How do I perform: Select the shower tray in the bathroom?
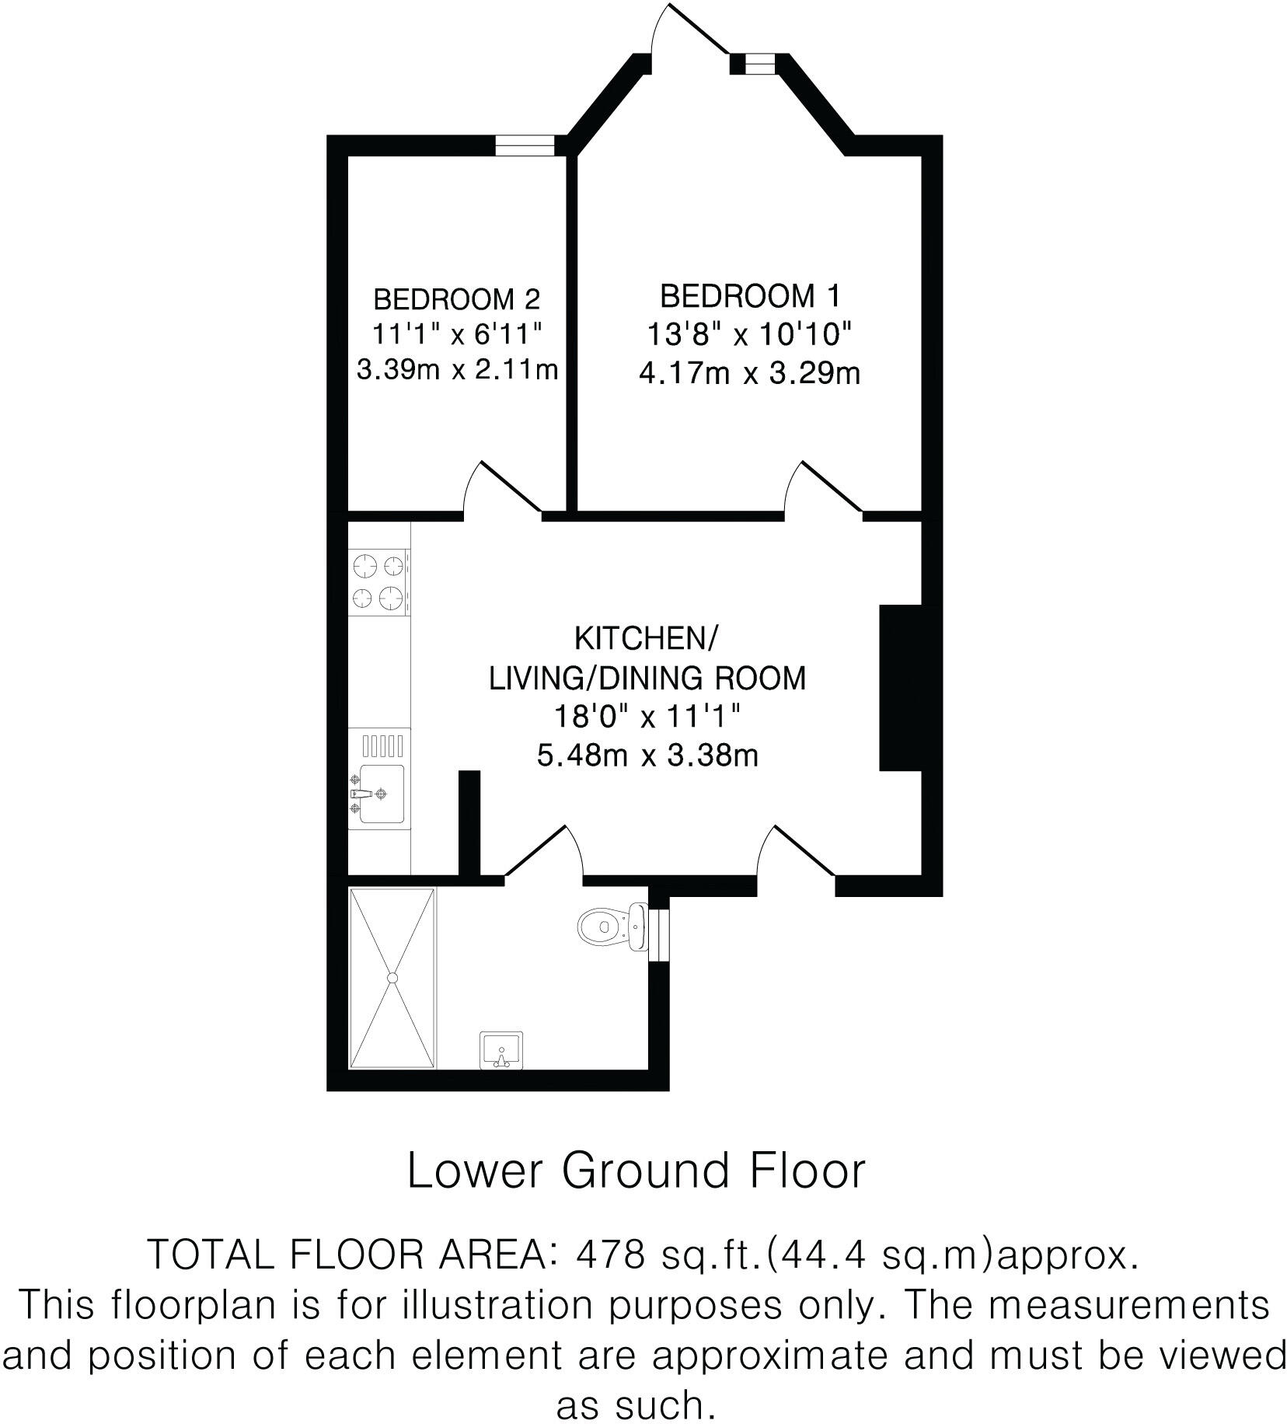pyautogui.click(x=392, y=978)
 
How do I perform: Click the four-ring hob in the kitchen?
pyautogui.click(x=379, y=581)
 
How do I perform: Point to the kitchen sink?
pyautogui.click(x=379, y=794)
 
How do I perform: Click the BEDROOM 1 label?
pyautogui.click(x=750, y=296)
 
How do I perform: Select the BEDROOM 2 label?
pyautogui.click(x=456, y=298)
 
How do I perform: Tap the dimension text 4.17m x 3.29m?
pyautogui.click(x=750, y=374)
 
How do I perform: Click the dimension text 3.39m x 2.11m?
pyautogui.click(x=457, y=369)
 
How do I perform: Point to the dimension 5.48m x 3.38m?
pyautogui.click(x=647, y=755)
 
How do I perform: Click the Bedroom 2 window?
pyautogui.click(x=525, y=145)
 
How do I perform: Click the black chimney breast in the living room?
pyautogui.click(x=900, y=687)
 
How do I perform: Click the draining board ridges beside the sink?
pyautogui.click(x=383, y=746)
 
